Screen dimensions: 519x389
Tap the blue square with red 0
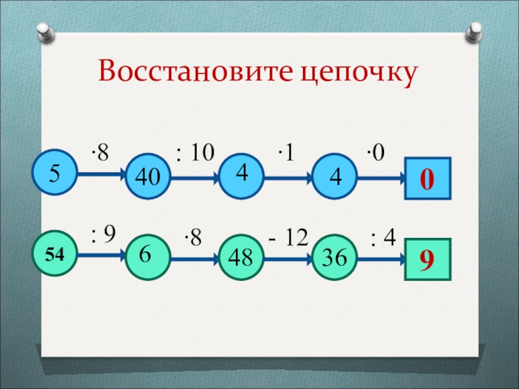point(427,178)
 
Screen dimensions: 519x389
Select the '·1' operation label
point(286,153)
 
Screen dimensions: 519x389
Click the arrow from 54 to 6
point(101,254)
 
